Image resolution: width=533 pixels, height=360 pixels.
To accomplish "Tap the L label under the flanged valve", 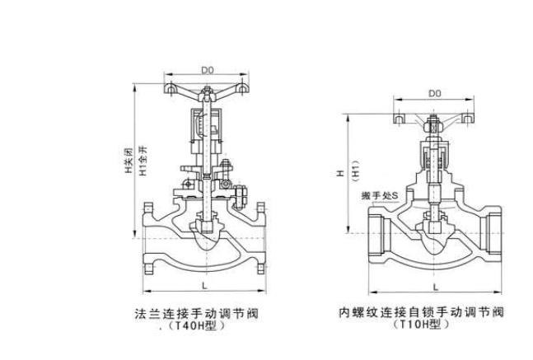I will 203,284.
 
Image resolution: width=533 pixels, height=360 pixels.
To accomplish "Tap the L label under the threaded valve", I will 434,284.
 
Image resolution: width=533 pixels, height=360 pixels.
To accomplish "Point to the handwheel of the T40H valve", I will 205,88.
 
